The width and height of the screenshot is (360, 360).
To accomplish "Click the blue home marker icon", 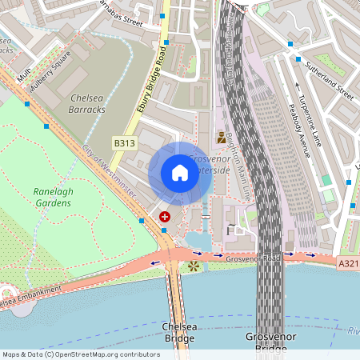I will coord(180,173).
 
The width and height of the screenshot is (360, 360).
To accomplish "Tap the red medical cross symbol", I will coord(165,217).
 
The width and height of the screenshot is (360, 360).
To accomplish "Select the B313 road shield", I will coord(123,143).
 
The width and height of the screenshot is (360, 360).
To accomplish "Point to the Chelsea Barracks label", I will coord(87,103).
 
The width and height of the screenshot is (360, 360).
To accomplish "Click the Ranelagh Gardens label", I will coord(52,197).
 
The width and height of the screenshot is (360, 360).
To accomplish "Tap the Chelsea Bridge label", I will coord(178,333).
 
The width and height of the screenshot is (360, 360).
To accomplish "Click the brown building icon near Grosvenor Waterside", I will coord(222,138).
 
